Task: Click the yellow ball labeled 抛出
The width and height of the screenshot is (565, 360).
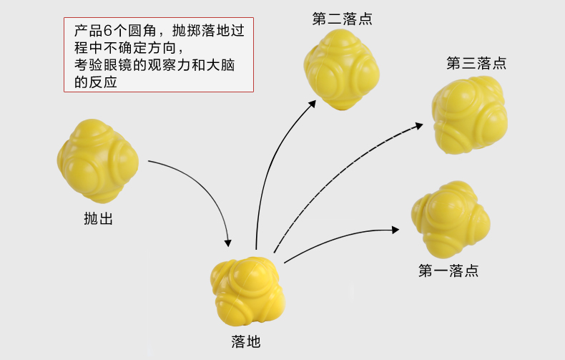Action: click(x=97, y=160)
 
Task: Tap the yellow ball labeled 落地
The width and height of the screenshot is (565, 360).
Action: click(x=245, y=292)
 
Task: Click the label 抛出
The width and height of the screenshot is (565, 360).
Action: click(x=99, y=218)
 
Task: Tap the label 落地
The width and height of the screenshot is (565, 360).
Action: click(x=246, y=341)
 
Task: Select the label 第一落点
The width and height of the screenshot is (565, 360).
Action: click(x=448, y=271)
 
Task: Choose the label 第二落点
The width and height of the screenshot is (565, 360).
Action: click(x=342, y=19)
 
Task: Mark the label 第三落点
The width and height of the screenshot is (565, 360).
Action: click(x=476, y=63)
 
